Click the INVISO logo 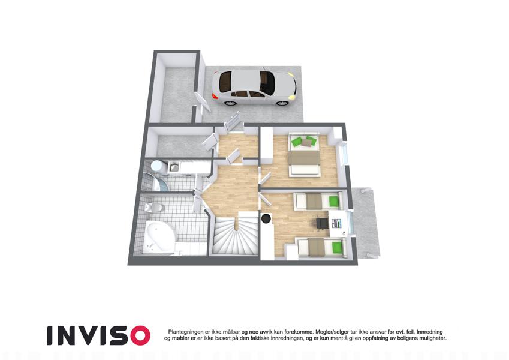pos(99,335)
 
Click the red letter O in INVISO pos(141,335)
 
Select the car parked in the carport pos(254,88)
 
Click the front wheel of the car pos(282,103)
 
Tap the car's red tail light pos(215,97)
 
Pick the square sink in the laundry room pos(174,167)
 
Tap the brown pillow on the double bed pos(306,142)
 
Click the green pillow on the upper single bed pos(333,201)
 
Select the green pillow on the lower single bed pos(336,248)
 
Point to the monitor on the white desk pos(336,223)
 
